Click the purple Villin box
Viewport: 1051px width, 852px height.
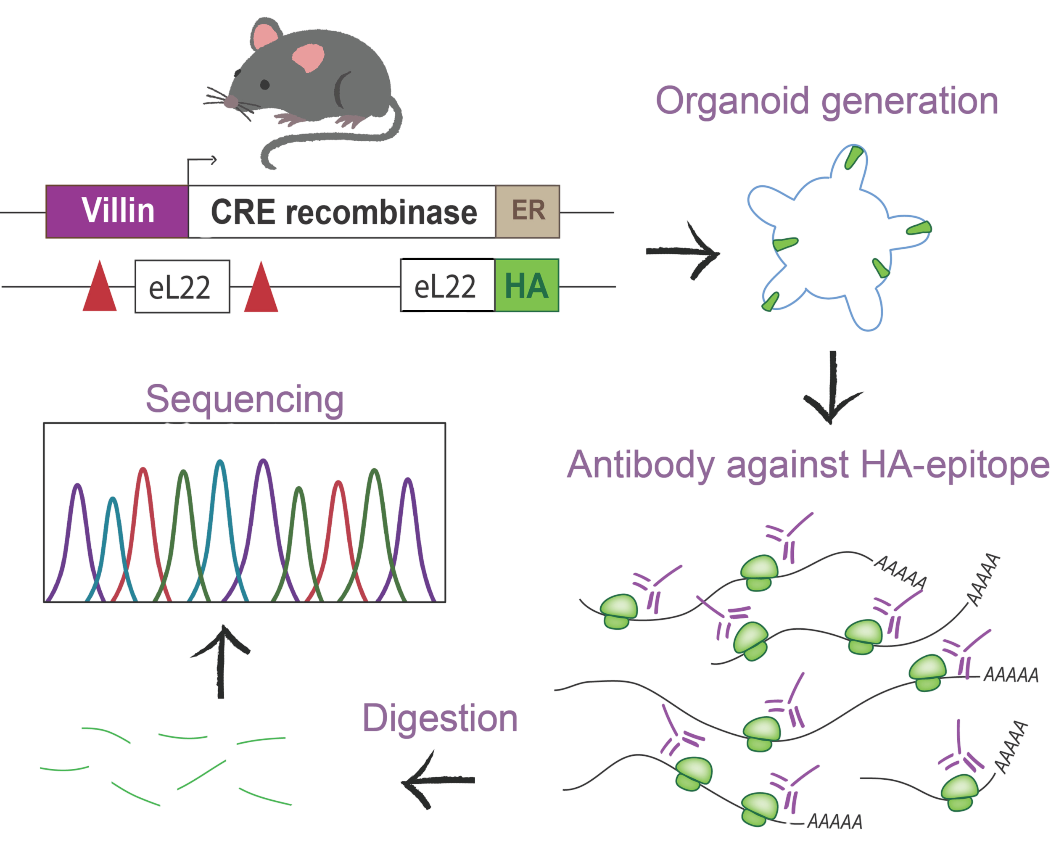click(116, 212)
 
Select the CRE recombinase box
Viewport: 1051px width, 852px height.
click(342, 212)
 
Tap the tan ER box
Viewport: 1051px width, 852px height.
click(528, 211)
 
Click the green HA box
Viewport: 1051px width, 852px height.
click(527, 286)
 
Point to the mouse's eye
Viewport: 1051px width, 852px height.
click(264, 84)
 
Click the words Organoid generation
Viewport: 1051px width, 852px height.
click(826, 102)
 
